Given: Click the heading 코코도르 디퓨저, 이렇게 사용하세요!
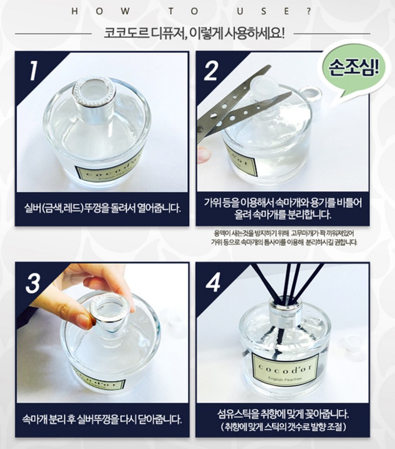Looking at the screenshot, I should [195, 34].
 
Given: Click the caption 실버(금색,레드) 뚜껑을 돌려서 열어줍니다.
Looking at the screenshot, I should [103, 207].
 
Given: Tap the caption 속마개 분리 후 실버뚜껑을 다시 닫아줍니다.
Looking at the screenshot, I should [103, 419].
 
